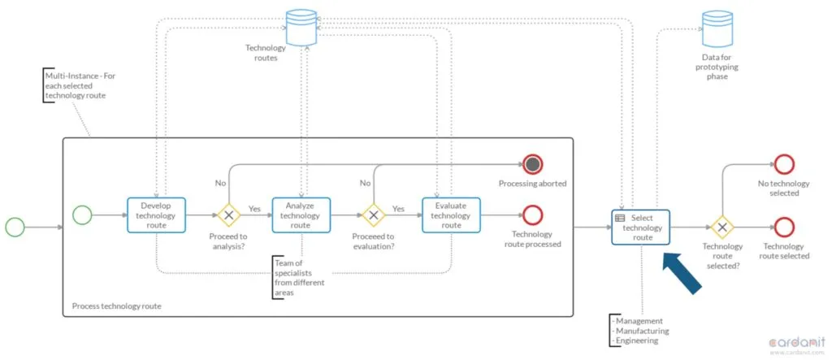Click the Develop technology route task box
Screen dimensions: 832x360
point(156,215)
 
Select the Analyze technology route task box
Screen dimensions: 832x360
point(301,215)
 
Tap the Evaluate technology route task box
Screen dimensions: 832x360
point(451,215)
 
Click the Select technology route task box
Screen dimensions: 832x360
point(640,228)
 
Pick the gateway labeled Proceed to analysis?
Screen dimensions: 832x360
point(228,215)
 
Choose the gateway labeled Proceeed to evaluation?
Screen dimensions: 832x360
point(374,215)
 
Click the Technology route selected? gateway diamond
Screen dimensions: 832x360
point(721,228)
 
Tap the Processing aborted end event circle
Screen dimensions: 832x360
point(533,165)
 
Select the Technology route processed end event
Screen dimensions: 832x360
point(533,215)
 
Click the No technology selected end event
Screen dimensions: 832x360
point(784,164)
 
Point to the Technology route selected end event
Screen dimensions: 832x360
point(784,228)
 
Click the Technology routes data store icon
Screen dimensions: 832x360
point(301,27)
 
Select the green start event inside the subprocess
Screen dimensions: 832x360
point(82,215)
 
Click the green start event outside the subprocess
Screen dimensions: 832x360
point(15,228)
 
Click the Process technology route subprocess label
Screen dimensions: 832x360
point(117,306)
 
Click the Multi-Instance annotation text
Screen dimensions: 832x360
point(80,85)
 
